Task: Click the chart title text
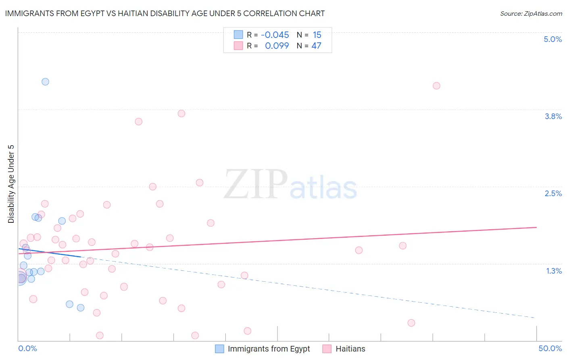pyautogui.click(x=165, y=14)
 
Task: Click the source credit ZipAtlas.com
pyautogui.click(x=531, y=14)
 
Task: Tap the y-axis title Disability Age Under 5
pyautogui.click(x=11, y=184)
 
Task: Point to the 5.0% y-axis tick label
pyautogui.click(x=552, y=39)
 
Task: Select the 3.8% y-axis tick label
pyautogui.click(x=553, y=116)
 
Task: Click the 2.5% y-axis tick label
pyautogui.click(x=553, y=193)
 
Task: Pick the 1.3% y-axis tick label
pyautogui.click(x=554, y=271)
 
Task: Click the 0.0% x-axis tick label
pyautogui.click(x=27, y=348)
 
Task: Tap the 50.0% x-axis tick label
pyautogui.click(x=550, y=348)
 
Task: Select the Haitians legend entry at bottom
pyautogui.click(x=350, y=349)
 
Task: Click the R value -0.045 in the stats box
pyautogui.click(x=275, y=35)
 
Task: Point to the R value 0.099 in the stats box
pyautogui.click(x=277, y=46)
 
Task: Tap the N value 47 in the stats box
pyautogui.click(x=316, y=46)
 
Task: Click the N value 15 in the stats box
pyautogui.click(x=317, y=35)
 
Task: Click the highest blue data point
pyautogui.click(x=46, y=82)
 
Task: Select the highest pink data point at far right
pyautogui.click(x=436, y=86)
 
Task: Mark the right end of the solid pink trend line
pyautogui.click(x=536, y=227)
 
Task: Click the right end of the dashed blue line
pyautogui.click(x=536, y=318)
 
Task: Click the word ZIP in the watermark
pyautogui.click(x=255, y=184)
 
